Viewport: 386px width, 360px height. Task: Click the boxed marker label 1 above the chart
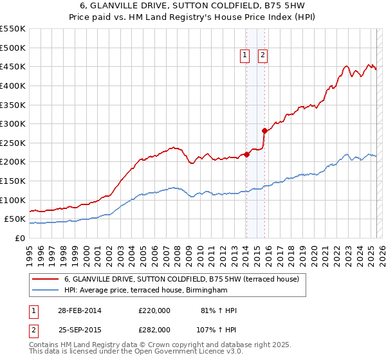click(246, 56)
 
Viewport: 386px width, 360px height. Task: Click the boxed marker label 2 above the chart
click(263, 56)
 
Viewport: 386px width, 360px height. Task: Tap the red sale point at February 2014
click(246, 154)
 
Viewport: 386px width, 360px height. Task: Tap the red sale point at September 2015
click(264, 130)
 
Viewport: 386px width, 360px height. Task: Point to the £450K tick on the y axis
click(13, 66)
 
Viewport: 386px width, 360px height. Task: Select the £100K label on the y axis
click(13, 200)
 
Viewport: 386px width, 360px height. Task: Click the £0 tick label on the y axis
click(19, 238)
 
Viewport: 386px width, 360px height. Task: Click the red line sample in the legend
click(46, 279)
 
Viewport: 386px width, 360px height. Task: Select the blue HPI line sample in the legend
click(46, 291)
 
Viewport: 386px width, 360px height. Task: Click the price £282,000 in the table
click(154, 329)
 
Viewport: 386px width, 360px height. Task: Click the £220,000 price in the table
click(154, 310)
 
